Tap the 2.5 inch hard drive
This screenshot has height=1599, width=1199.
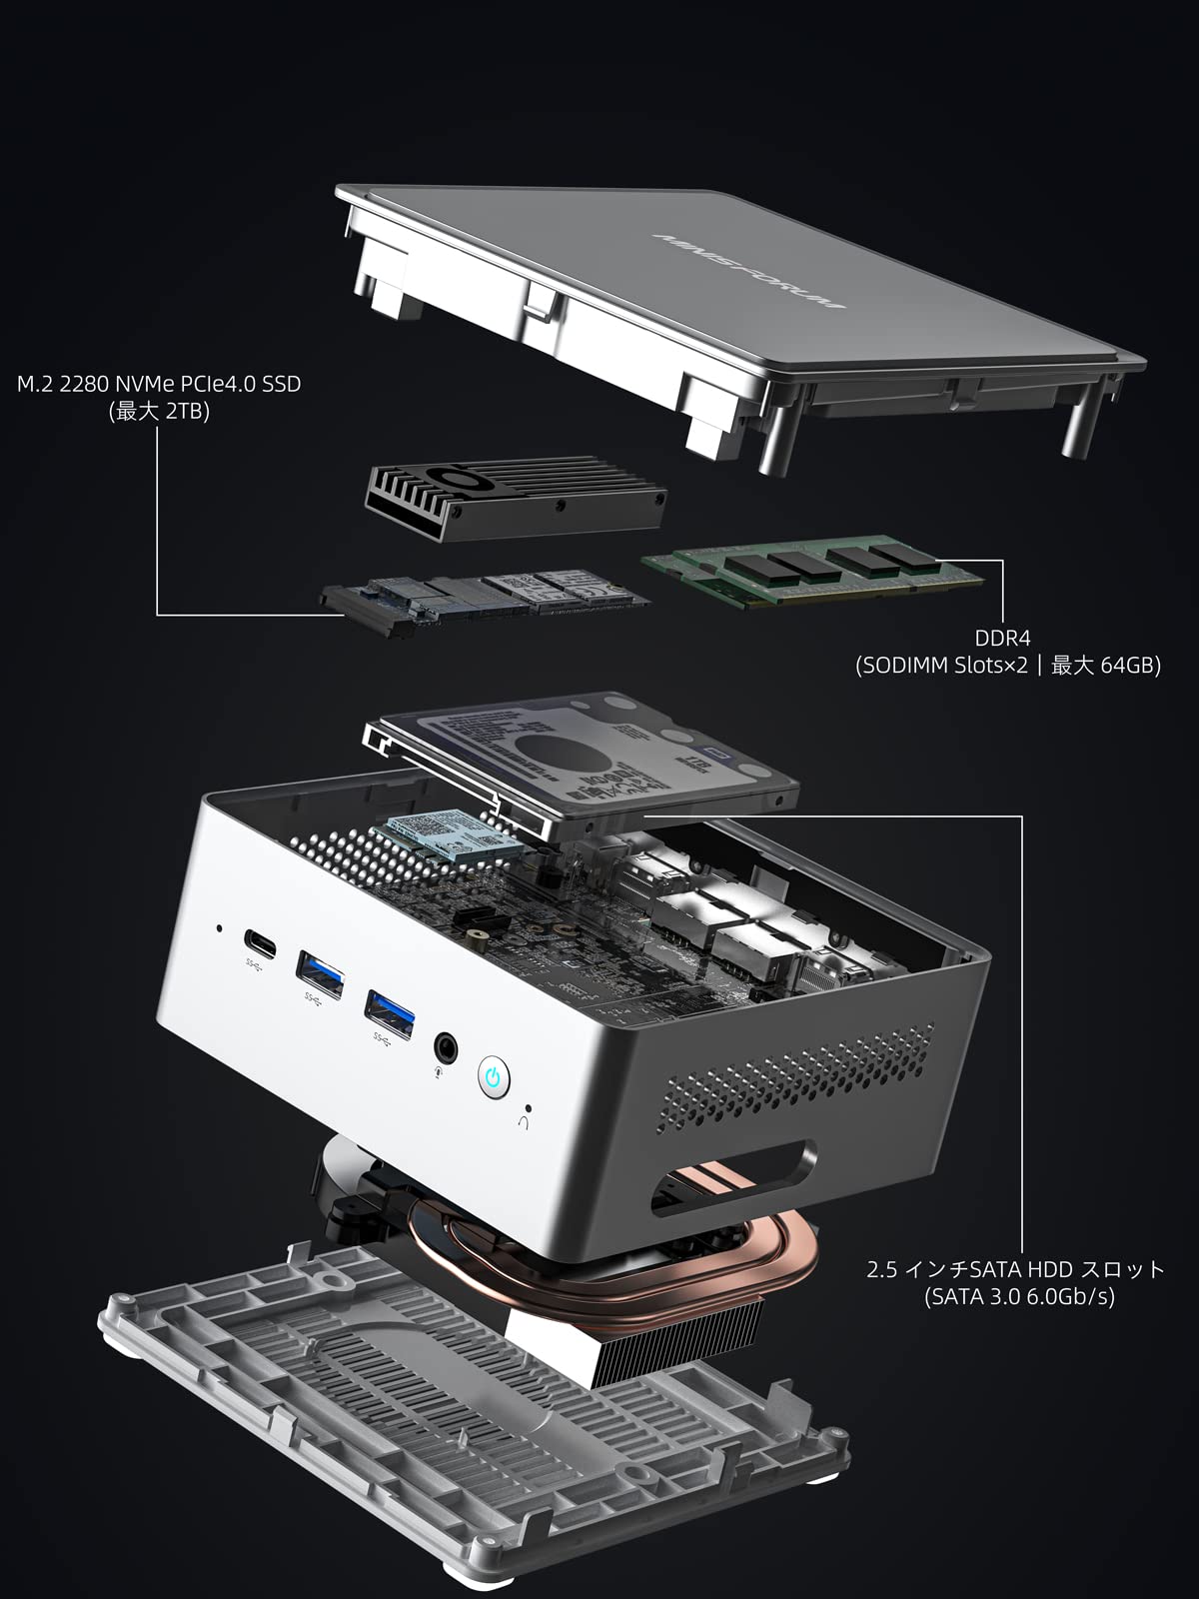coord(585,760)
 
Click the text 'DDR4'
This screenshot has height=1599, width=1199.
coord(1002,638)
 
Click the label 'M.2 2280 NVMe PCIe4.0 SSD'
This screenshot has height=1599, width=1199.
coord(159,384)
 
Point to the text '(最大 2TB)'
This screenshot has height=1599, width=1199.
coord(159,412)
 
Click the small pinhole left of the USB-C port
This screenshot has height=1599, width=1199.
coord(220,928)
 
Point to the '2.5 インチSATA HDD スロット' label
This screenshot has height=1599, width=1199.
coord(1015,1269)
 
